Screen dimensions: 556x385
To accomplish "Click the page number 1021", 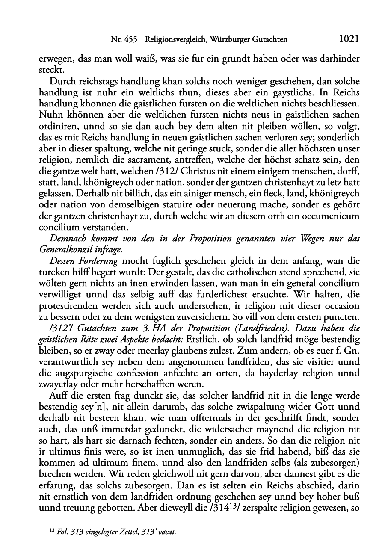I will [348, 39].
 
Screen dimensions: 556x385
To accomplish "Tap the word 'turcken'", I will [53, 272].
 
